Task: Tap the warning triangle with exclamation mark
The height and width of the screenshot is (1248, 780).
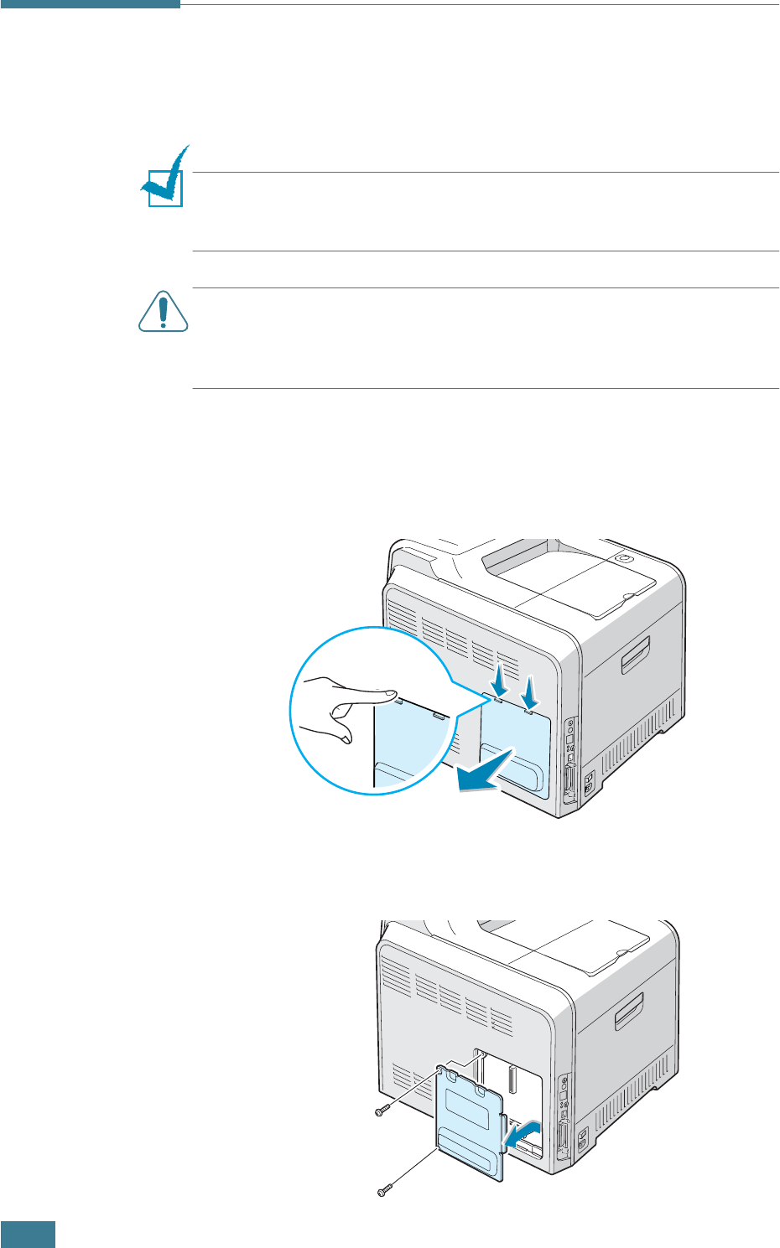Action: tap(163, 311)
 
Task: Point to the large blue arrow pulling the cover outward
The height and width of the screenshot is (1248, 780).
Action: tap(486, 772)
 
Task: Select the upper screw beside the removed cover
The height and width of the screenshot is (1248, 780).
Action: tap(382, 1111)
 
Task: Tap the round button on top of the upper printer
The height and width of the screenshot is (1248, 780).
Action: tap(621, 557)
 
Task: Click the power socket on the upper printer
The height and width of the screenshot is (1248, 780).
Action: tap(588, 782)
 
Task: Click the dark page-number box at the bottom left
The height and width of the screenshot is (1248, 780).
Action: tap(28, 1235)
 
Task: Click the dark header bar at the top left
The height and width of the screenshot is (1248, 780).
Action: tap(90, 4)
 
